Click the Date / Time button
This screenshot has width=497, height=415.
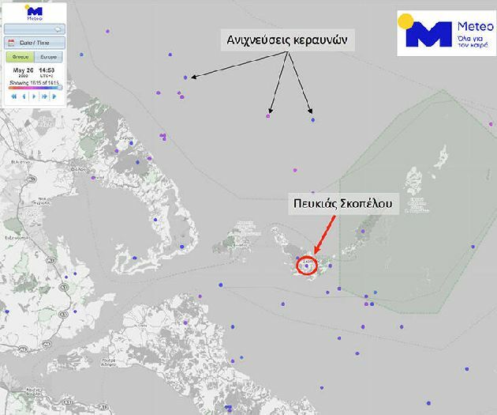[33, 43]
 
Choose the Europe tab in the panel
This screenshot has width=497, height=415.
[47, 57]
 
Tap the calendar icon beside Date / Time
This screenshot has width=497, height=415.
[12, 43]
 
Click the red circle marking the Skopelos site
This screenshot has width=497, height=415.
[307, 264]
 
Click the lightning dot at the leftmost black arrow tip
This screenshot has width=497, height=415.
[185, 77]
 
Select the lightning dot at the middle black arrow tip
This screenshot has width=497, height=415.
[268, 116]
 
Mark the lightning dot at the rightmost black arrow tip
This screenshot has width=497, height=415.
[312, 119]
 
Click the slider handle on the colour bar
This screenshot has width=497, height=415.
[61, 87]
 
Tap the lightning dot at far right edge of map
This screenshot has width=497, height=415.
[473, 247]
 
